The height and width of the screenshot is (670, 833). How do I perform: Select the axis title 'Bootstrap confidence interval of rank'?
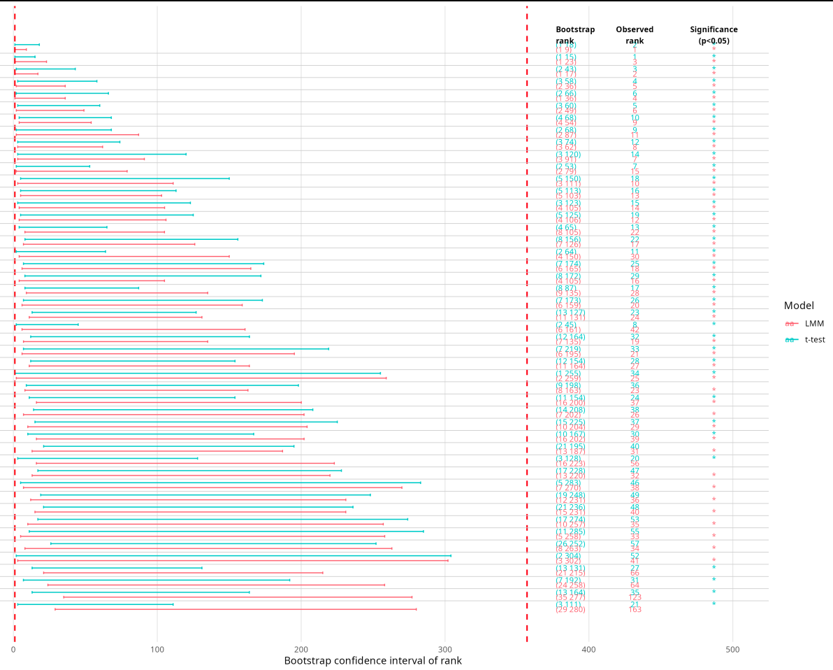[x=372, y=661]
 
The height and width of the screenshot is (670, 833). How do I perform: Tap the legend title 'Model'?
[x=799, y=306]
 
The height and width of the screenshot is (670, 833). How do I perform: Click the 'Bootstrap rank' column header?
[x=575, y=35]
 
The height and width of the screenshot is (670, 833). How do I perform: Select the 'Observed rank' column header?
[x=635, y=35]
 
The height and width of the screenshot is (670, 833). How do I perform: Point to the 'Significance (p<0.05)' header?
[x=714, y=35]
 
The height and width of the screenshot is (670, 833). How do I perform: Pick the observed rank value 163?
[x=635, y=610]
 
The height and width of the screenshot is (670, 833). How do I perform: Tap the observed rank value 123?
[x=635, y=598]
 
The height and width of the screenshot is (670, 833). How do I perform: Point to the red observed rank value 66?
[x=635, y=573]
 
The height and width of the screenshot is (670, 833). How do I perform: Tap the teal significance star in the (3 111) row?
[x=714, y=604]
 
